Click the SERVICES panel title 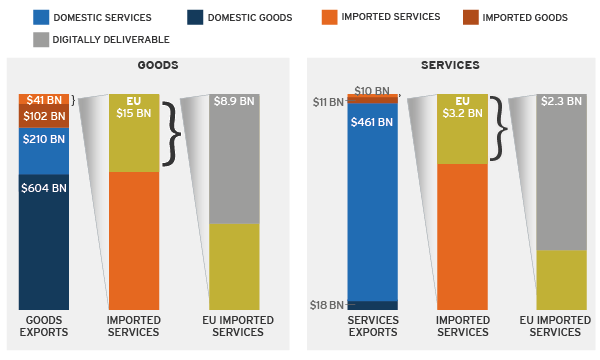[450, 66]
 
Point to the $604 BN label [44, 188]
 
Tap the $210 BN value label [44, 139]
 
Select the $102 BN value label [44, 116]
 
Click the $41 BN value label [44, 100]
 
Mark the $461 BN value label [372, 122]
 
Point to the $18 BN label [328, 305]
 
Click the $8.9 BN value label [233, 102]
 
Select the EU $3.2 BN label [462, 108]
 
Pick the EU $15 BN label [133, 108]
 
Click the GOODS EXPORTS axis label [44, 326]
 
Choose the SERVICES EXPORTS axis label [372, 326]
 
